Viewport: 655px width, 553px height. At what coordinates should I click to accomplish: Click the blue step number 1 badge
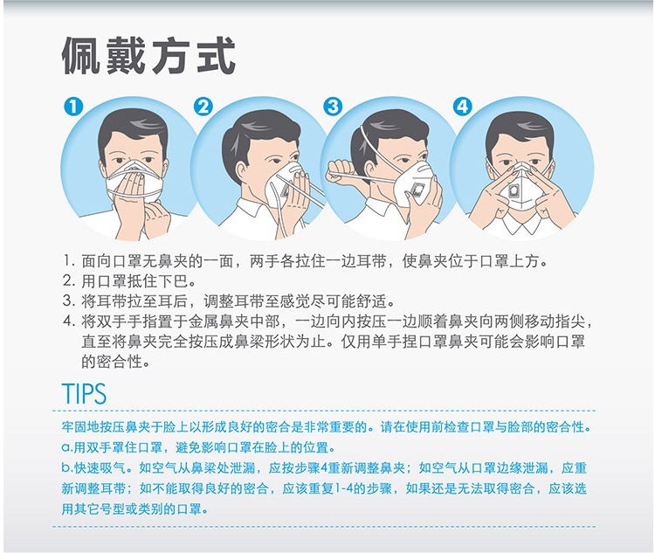tap(73, 107)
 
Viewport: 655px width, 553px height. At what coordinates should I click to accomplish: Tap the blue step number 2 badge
tap(203, 107)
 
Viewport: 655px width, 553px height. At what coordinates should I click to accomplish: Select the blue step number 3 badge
tap(333, 107)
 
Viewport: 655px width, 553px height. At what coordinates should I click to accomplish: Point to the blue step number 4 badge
tap(462, 107)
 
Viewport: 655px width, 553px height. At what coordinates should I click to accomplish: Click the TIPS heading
tap(85, 393)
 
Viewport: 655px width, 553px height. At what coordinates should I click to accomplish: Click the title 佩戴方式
tap(149, 56)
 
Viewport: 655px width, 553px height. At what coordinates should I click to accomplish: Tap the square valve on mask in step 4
tap(515, 191)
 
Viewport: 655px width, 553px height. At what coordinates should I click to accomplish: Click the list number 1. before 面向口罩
tap(69, 261)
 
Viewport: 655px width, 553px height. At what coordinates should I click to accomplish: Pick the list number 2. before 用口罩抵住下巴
tap(69, 281)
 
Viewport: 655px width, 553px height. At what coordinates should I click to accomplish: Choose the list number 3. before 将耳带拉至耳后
tap(69, 301)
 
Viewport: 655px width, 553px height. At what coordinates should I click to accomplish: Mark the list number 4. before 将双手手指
tap(69, 321)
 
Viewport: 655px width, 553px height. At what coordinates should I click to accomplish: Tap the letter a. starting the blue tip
tap(67, 448)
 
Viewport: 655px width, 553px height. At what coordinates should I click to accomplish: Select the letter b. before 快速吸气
tap(67, 467)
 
